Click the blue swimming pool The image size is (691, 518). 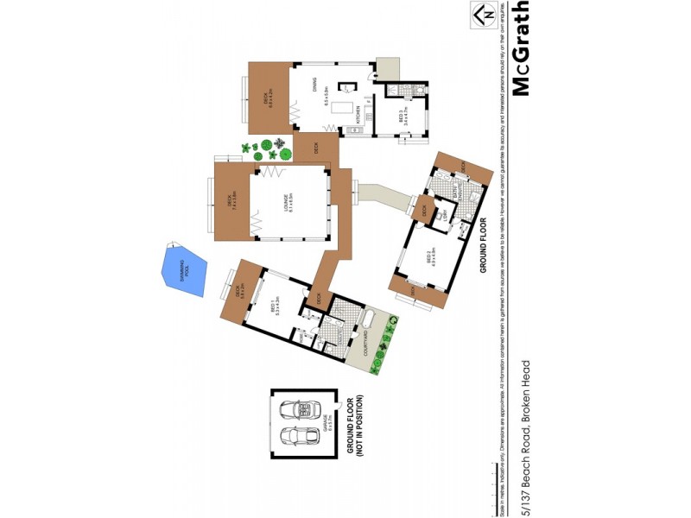click(184, 269)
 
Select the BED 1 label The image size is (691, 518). click(273, 307)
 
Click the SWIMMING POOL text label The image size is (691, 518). click(182, 268)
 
